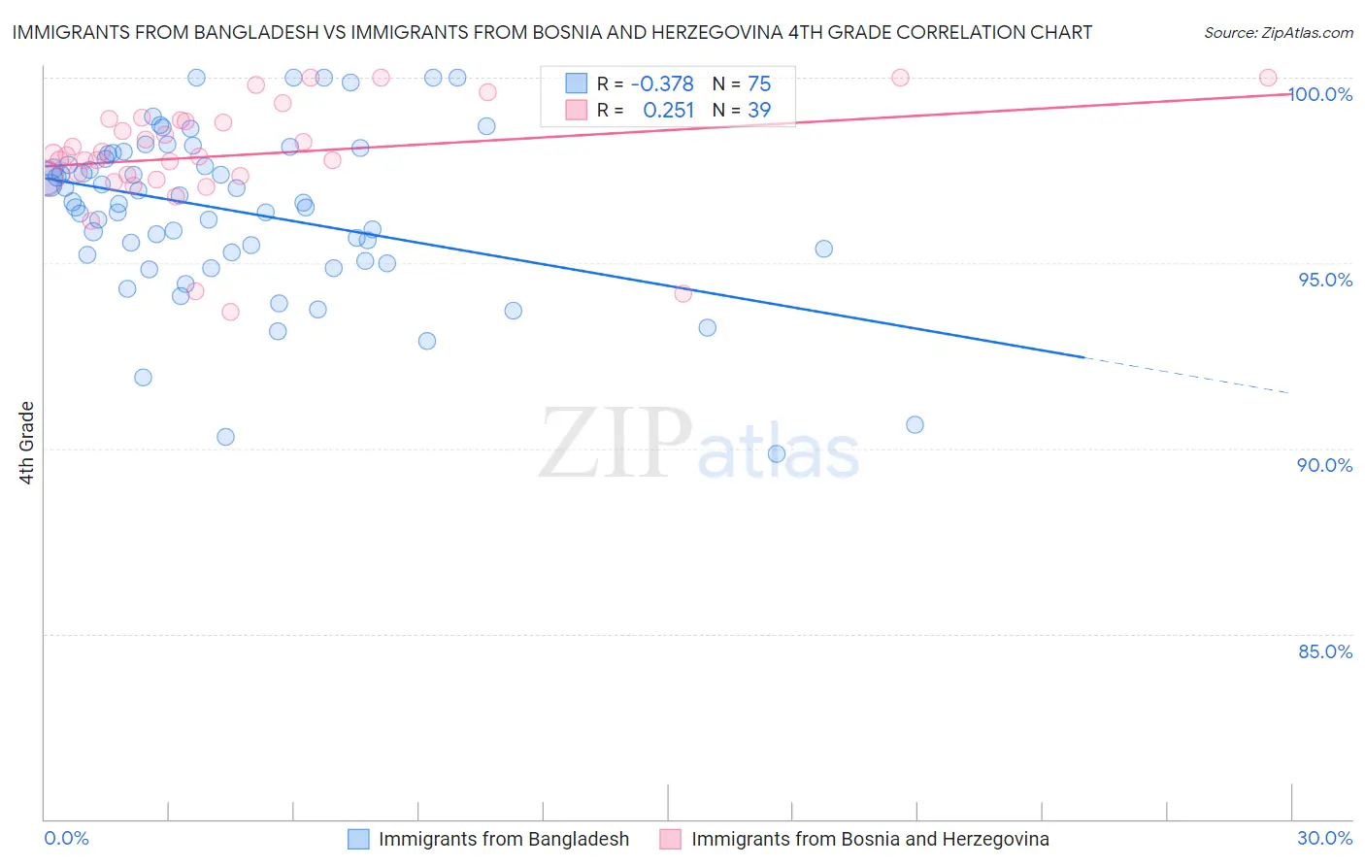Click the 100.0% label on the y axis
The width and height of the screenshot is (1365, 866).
[1320, 94]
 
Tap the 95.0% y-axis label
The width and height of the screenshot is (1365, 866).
[1325, 280]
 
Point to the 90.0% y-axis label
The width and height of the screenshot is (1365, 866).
[1325, 465]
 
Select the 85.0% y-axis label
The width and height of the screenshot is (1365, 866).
[1325, 651]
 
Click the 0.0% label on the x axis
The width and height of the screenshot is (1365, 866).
[66, 838]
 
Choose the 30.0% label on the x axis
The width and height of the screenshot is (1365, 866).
[1325, 838]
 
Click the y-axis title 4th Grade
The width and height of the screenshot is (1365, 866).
[27, 443]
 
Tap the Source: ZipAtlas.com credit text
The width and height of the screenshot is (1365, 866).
[1278, 32]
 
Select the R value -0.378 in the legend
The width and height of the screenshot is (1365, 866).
[662, 83]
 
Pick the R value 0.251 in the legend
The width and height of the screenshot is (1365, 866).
[668, 110]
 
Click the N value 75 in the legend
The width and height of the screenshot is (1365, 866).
[759, 83]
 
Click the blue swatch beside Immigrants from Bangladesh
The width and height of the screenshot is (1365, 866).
[358, 839]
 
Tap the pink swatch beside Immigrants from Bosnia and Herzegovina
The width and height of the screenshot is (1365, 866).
[671, 839]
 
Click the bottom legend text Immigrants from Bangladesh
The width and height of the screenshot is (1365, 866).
[503, 839]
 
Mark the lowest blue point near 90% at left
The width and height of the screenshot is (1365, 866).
[225, 437]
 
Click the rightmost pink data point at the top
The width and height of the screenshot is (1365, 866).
[1268, 78]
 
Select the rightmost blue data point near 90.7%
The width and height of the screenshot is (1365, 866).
[915, 424]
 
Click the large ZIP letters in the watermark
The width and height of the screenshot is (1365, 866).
[616, 445]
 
